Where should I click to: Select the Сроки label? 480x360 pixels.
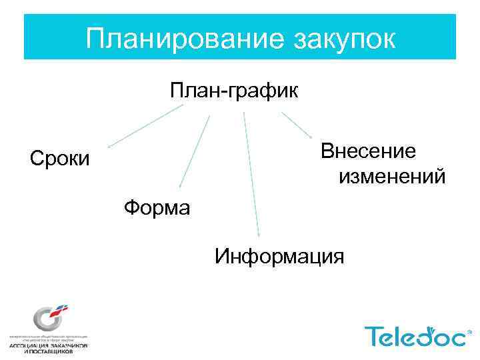tap(59, 159)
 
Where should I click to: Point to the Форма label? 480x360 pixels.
tap(157, 208)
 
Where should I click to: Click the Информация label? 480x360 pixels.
tap(279, 255)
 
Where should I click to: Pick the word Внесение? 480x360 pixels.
tap(369, 151)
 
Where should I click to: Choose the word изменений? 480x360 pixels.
tap(393, 177)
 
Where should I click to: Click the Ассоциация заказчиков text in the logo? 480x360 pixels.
tap(48, 345)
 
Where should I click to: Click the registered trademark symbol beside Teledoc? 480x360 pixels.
tap(471, 331)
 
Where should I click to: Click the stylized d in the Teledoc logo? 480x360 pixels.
tap(427, 335)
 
